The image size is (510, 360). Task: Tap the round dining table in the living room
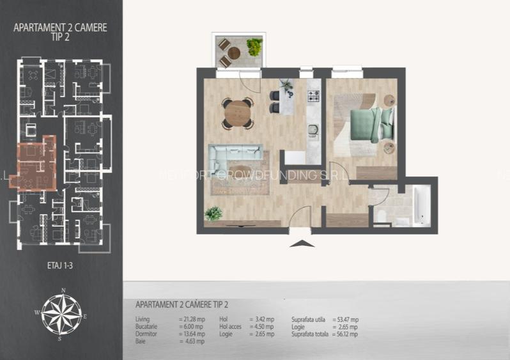coord(237,113)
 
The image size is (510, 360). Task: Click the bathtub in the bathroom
coord(422,205)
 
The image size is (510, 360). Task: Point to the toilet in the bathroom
coord(381,216)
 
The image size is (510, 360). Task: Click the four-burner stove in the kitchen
coord(314,97)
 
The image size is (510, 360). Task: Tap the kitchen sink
coord(313,130)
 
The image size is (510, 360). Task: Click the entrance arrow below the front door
coord(302,243)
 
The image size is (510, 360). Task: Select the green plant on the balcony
coord(254,47)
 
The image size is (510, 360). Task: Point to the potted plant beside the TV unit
coord(213,214)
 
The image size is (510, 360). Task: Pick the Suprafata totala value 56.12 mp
coord(345,334)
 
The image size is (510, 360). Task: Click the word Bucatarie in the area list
coord(148,327)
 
